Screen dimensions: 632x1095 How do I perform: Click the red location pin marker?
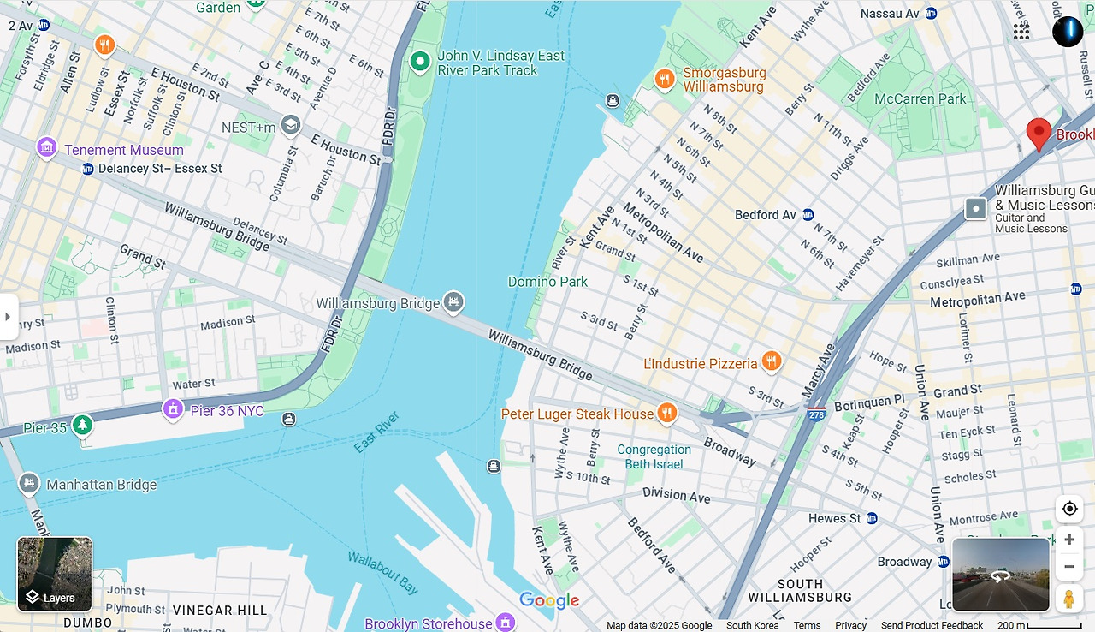[1039, 134]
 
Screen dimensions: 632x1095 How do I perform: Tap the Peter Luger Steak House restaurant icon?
[666, 414]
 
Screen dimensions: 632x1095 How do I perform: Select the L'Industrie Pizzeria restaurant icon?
[772, 362]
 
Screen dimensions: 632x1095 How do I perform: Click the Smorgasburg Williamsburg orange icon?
[665, 80]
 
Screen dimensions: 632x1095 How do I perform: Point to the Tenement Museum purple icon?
[47, 149]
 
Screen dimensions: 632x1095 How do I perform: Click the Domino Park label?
[547, 282]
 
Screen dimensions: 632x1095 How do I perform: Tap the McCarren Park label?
[920, 99]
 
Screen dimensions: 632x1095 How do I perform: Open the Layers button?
[55, 574]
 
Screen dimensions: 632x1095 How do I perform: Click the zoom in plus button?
[1068, 540]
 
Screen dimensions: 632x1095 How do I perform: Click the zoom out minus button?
[1068, 567]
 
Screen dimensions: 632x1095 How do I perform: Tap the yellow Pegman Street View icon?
[1068, 598]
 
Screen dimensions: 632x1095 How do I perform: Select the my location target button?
[1068, 509]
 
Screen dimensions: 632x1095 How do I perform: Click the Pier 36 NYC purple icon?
[174, 410]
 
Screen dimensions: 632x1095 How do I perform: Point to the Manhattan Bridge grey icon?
[29, 484]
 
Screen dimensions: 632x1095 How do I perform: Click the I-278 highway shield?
[816, 414]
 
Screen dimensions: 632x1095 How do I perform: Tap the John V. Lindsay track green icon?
[419, 62]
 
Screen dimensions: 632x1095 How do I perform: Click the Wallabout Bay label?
[383, 573]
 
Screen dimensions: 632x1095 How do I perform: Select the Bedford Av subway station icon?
[808, 215]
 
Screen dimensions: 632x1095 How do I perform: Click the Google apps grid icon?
[1021, 32]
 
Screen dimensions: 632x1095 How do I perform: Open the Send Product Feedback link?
[932, 625]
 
